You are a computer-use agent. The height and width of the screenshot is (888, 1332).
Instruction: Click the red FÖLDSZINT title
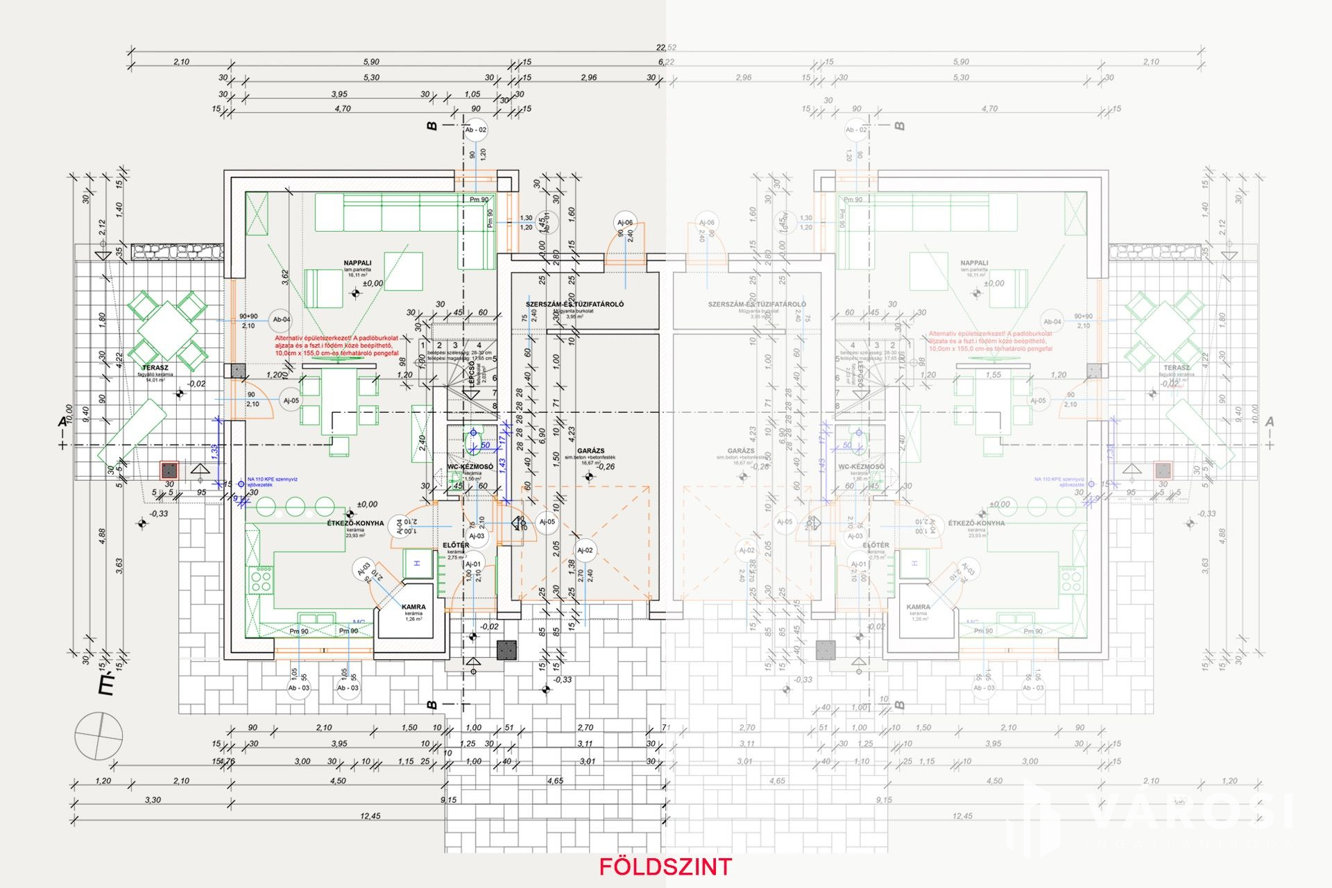coord(665,866)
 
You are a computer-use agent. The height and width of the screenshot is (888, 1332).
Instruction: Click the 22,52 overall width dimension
coord(666,47)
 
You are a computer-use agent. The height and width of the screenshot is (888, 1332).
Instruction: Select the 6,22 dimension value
coord(666,62)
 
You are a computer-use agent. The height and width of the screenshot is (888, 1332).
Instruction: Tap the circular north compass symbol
coord(99,736)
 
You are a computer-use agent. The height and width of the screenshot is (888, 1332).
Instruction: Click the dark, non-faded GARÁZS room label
coord(590,451)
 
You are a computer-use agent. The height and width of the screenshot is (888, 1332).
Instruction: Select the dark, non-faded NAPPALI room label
coord(357,263)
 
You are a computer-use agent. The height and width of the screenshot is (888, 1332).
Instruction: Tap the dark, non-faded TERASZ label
coord(155,368)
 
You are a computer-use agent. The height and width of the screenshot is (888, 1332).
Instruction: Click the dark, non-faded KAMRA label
coord(413,607)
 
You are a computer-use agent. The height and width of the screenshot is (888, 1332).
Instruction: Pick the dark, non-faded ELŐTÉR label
coord(456,545)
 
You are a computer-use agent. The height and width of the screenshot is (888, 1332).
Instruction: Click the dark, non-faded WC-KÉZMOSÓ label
coord(470,467)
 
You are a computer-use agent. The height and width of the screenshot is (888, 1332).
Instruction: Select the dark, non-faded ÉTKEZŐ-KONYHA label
coord(355,523)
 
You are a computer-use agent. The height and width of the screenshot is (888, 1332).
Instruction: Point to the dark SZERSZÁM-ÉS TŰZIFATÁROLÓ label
coord(574,304)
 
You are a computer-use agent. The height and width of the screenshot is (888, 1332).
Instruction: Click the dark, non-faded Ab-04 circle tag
coord(282,320)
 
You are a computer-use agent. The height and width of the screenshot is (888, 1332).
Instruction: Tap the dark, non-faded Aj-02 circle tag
coord(585,550)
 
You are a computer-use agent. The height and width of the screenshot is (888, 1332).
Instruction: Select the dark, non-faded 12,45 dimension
coord(370,816)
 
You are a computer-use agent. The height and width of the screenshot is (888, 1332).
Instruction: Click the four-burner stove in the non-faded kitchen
coord(262,579)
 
